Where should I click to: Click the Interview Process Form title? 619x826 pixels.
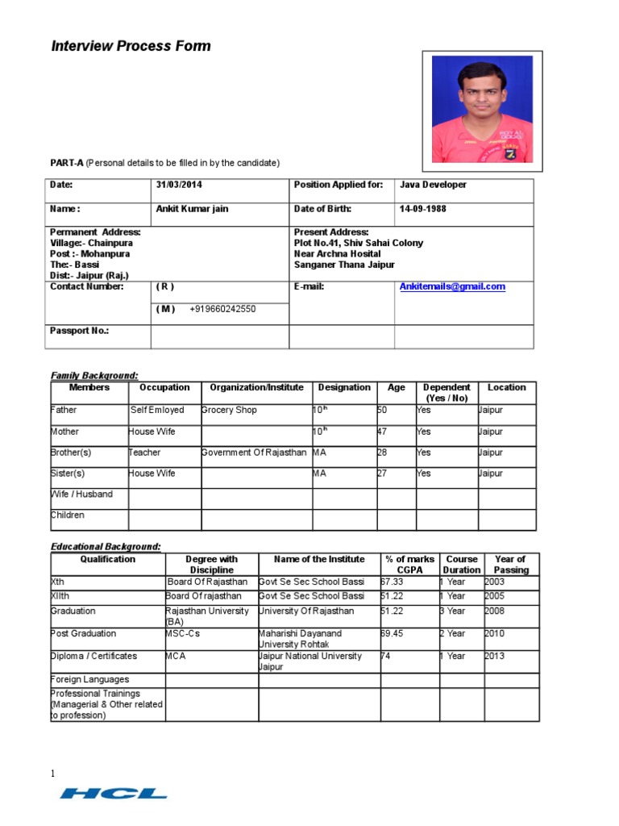coord(131,46)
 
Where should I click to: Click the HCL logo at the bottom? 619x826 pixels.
coord(113,794)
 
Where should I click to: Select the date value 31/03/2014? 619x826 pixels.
coord(179,185)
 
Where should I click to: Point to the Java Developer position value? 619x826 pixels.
coord(433,185)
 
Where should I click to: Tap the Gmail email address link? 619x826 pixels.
coord(452,286)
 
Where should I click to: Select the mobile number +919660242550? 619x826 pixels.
coord(222,309)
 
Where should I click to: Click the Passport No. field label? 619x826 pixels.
coord(79,331)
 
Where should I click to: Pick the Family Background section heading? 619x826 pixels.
coord(94,375)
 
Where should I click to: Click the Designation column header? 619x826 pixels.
coord(344,387)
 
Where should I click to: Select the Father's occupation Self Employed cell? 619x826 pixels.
coord(157,410)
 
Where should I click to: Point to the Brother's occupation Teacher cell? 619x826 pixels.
coord(145,453)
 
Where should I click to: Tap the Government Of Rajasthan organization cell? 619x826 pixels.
coord(254,453)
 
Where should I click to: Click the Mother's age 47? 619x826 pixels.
coord(383,432)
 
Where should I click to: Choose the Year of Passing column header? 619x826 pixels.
coord(510,564)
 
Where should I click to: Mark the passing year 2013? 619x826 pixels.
coord(495,656)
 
